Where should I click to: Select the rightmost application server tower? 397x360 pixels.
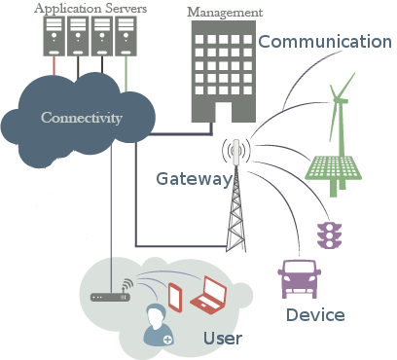[126, 36]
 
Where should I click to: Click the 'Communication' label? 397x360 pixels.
[324, 41]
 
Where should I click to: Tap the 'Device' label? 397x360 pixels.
[315, 315]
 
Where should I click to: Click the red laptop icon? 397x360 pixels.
[208, 294]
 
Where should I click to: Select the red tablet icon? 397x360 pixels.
[177, 296]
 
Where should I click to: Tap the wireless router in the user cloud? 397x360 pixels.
[110, 295]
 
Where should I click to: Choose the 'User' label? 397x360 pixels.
[223, 339]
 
